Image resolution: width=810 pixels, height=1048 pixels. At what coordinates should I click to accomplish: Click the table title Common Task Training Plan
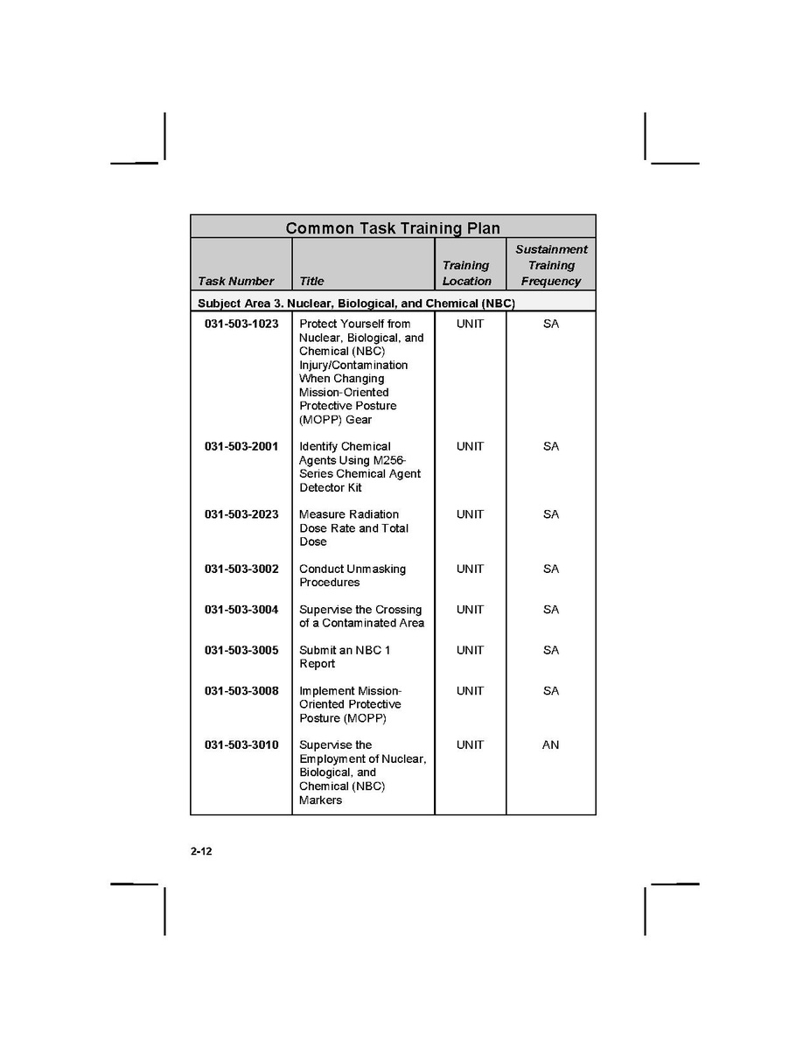393,228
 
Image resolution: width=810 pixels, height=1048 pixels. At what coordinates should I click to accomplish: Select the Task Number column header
235,282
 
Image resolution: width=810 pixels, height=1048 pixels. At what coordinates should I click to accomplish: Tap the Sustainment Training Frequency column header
551,265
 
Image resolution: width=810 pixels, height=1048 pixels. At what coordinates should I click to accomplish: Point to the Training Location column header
466,273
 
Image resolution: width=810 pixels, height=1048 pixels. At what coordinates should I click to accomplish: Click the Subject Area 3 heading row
356,304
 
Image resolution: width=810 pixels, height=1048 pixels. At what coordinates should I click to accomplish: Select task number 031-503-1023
241,324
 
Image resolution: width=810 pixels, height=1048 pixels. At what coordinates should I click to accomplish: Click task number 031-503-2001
241,446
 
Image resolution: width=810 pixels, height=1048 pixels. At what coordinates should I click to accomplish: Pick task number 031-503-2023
241,514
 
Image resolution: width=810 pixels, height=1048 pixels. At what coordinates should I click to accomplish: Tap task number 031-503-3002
241,569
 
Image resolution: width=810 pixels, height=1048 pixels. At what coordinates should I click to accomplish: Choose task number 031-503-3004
241,610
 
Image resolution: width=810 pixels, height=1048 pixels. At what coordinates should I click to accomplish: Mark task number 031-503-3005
241,650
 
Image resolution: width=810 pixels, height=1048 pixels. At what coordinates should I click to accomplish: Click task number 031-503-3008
241,691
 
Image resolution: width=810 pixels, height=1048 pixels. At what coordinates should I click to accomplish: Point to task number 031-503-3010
241,745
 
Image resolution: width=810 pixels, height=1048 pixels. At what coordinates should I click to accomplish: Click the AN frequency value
550,745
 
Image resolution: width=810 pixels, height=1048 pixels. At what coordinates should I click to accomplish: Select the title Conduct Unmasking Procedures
352,576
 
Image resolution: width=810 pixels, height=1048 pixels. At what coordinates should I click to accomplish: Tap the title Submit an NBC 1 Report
345,657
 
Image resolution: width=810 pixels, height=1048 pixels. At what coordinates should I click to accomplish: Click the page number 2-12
201,852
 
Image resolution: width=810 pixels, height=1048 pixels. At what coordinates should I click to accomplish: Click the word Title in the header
311,282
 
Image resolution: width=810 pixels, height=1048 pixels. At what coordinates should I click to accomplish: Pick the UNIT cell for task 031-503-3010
470,745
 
